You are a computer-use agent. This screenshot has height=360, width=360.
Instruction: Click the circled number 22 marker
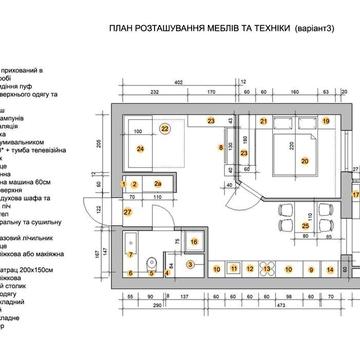(166, 129)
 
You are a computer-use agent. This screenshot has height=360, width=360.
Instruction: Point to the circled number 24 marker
(141, 149)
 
